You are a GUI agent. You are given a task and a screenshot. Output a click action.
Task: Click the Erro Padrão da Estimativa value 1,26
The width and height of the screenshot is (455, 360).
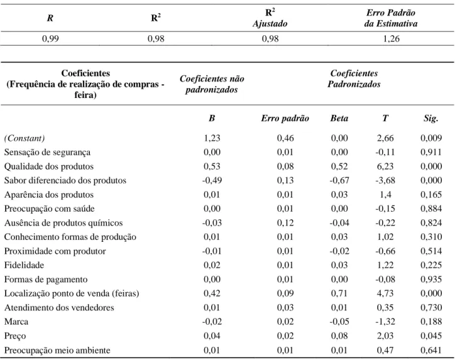pos(391,38)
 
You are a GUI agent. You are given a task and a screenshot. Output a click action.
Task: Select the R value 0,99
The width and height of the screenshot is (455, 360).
pos(50,38)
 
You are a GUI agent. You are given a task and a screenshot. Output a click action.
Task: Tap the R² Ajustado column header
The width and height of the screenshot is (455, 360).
pos(270,18)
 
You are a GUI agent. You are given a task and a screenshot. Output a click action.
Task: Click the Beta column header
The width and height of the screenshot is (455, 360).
pos(339,118)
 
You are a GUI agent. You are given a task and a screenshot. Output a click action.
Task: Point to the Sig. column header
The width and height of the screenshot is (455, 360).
pos(430,118)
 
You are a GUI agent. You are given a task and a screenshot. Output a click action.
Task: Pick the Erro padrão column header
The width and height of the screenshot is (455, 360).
pos(285,118)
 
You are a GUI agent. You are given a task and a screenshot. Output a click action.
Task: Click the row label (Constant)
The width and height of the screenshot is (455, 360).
pos(25,138)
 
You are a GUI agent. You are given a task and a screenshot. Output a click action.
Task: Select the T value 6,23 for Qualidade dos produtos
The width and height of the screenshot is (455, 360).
pos(385,166)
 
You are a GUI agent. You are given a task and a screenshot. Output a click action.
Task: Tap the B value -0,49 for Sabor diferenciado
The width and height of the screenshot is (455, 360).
pos(212,180)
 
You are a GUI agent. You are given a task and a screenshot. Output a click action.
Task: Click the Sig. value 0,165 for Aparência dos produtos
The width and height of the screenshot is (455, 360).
pos(431,194)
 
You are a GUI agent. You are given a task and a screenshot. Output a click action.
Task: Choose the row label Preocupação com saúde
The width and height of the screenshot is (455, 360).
pos(49,209)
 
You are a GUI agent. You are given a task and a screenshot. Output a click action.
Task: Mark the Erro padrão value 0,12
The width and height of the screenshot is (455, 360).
pos(285,223)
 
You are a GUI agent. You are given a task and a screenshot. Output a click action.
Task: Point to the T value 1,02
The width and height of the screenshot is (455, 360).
pos(385,237)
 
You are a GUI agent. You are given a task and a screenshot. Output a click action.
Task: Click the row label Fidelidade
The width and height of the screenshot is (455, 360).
pos(24,265)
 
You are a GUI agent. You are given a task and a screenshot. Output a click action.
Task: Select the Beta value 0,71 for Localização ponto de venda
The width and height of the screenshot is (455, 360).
pos(339,293)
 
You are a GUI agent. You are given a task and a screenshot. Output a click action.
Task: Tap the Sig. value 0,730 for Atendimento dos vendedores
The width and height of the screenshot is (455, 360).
pos(431,307)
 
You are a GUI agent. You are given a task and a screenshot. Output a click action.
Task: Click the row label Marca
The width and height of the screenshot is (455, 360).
pos(16,322)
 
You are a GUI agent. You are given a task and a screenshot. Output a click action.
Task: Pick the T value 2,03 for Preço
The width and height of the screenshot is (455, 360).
pos(385,335)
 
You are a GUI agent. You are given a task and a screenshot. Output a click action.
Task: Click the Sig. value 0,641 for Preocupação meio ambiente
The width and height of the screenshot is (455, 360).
pos(431,350)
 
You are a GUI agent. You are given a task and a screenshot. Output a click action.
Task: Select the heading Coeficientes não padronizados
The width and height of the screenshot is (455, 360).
pos(212,84)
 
